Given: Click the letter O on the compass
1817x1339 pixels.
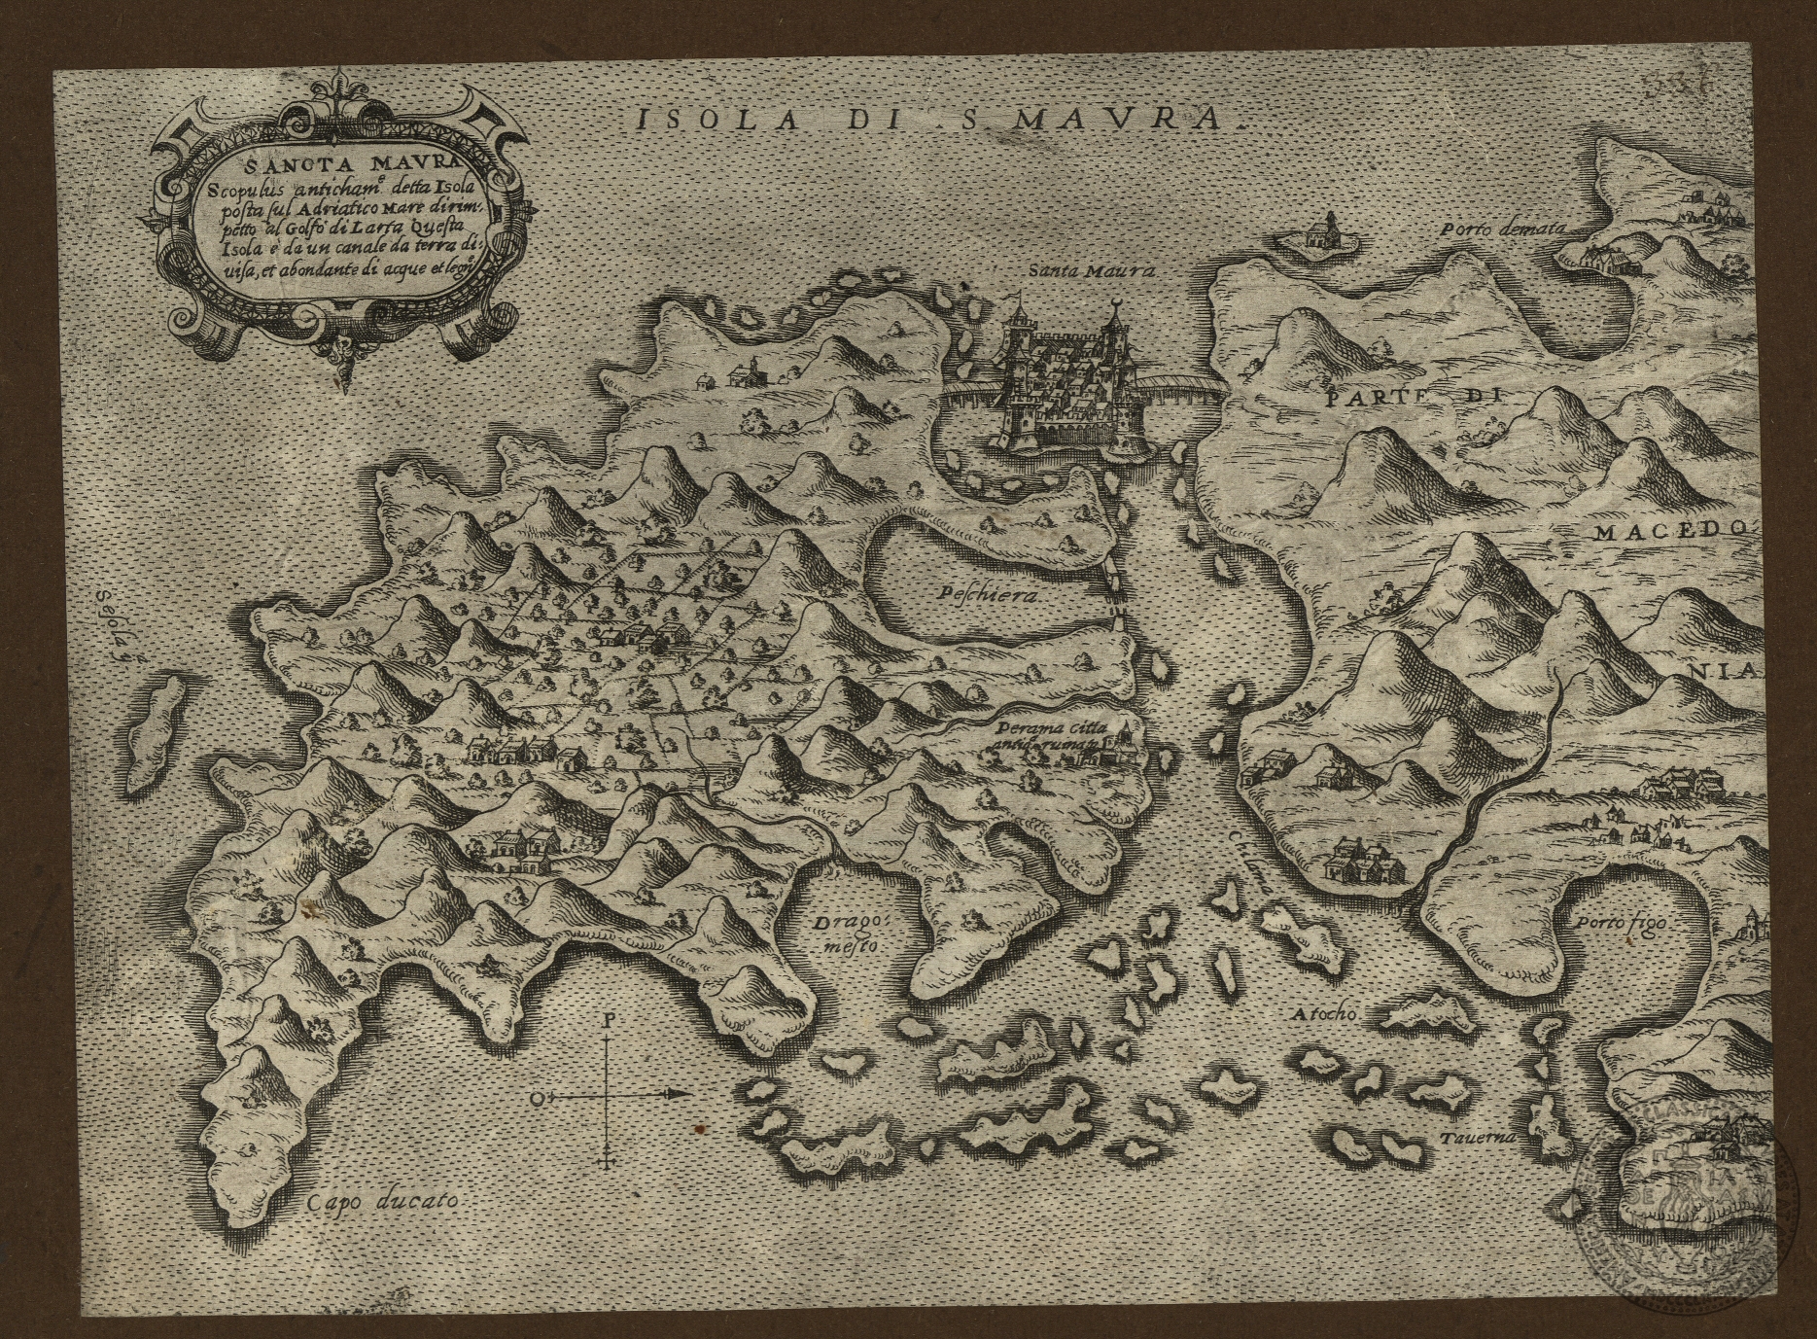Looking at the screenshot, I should click(x=537, y=1099).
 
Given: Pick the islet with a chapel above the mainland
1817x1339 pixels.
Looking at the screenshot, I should click(x=1316, y=236).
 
